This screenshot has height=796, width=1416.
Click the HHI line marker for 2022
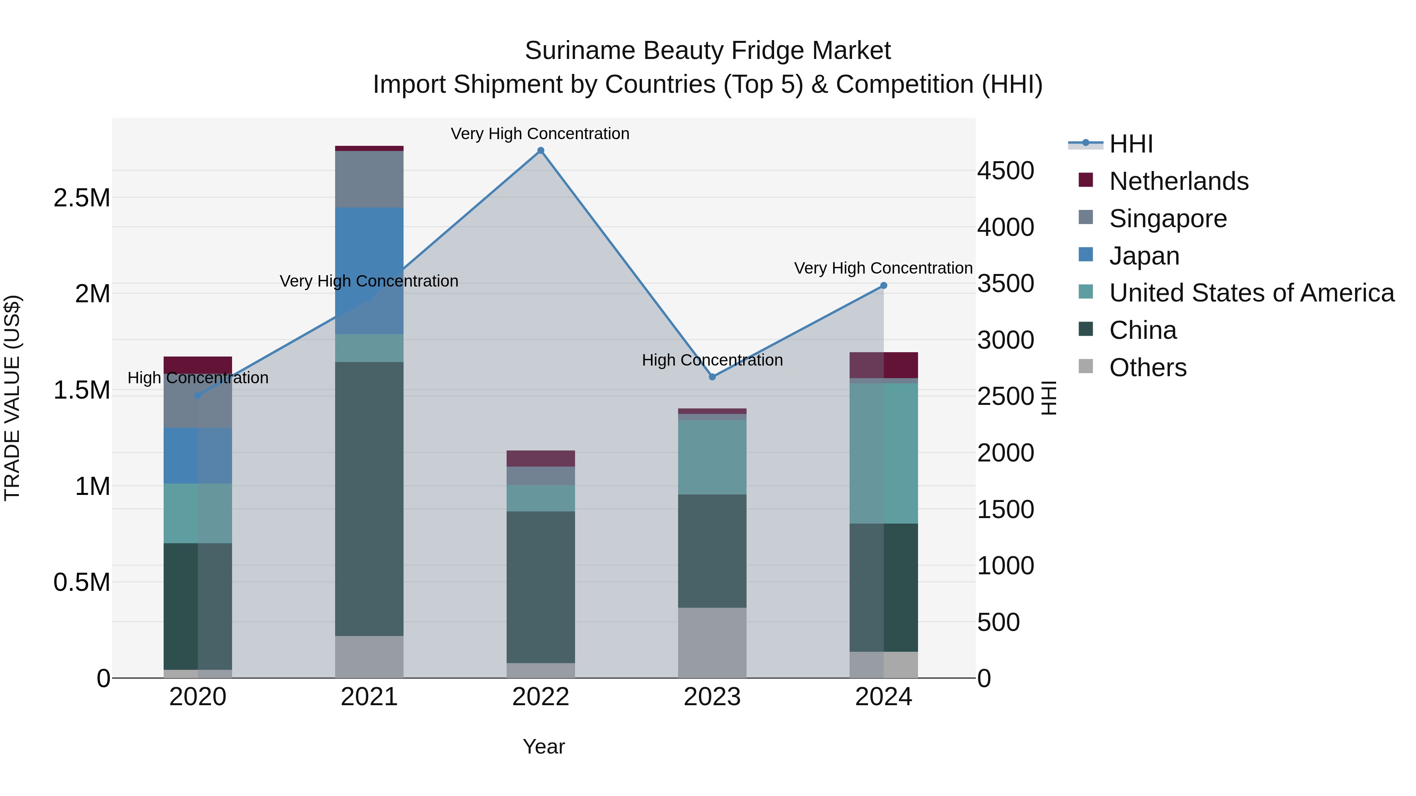[540, 151]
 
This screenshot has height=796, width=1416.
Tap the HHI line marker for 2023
[712, 377]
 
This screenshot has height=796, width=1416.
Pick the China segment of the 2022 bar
[540, 587]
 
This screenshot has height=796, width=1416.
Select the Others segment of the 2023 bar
[712, 642]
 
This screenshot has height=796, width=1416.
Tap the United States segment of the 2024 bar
[883, 453]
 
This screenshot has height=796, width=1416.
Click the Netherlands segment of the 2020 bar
[198, 365]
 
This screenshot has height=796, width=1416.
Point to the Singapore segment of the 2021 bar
[369, 179]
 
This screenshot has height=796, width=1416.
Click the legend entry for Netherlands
[1178, 181]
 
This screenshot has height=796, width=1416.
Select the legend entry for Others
[1148, 368]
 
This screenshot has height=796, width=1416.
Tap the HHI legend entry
[1131, 144]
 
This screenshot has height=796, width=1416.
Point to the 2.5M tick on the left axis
[82, 198]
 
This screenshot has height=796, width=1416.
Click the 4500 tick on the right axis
[1005, 171]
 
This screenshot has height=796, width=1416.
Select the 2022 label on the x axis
[540, 697]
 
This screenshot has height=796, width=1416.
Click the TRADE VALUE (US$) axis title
[12, 398]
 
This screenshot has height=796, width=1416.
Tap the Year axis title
[544, 746]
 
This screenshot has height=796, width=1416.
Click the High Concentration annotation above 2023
[712, 360]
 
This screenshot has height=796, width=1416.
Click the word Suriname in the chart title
[579, 51]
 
